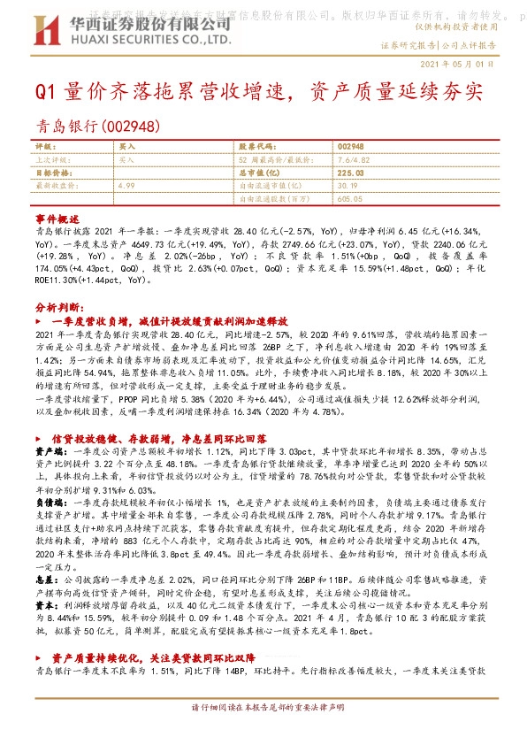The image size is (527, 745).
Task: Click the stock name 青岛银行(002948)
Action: (x=91, y=127)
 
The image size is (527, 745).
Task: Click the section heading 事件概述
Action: (x=57, y=217)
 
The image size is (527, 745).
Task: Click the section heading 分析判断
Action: (x=57, y=305)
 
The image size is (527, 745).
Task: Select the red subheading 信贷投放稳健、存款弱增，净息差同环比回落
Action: (x=158, y=439)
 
